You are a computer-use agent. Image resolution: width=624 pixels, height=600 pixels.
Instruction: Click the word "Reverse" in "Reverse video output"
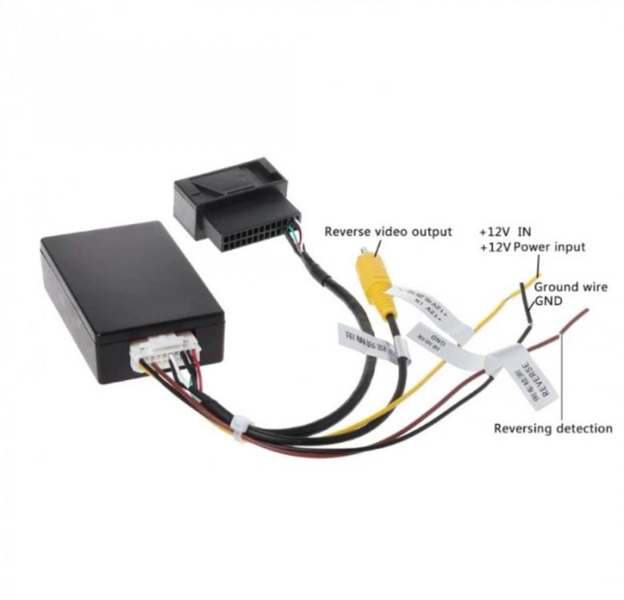pyautogui.click(x=349, y=232)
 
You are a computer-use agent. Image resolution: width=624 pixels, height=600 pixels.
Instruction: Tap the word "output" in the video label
pyautogui.click(x=432, y=232)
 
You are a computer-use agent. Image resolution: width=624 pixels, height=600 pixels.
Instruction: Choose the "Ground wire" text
pyautogui.click(x=570, y=286)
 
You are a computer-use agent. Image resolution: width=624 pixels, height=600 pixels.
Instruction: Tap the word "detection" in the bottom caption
pyautogui.click(x=586, y=428)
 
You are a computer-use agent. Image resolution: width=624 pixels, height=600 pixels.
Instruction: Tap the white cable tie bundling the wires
pyautogui.click(x=238, y=425)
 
